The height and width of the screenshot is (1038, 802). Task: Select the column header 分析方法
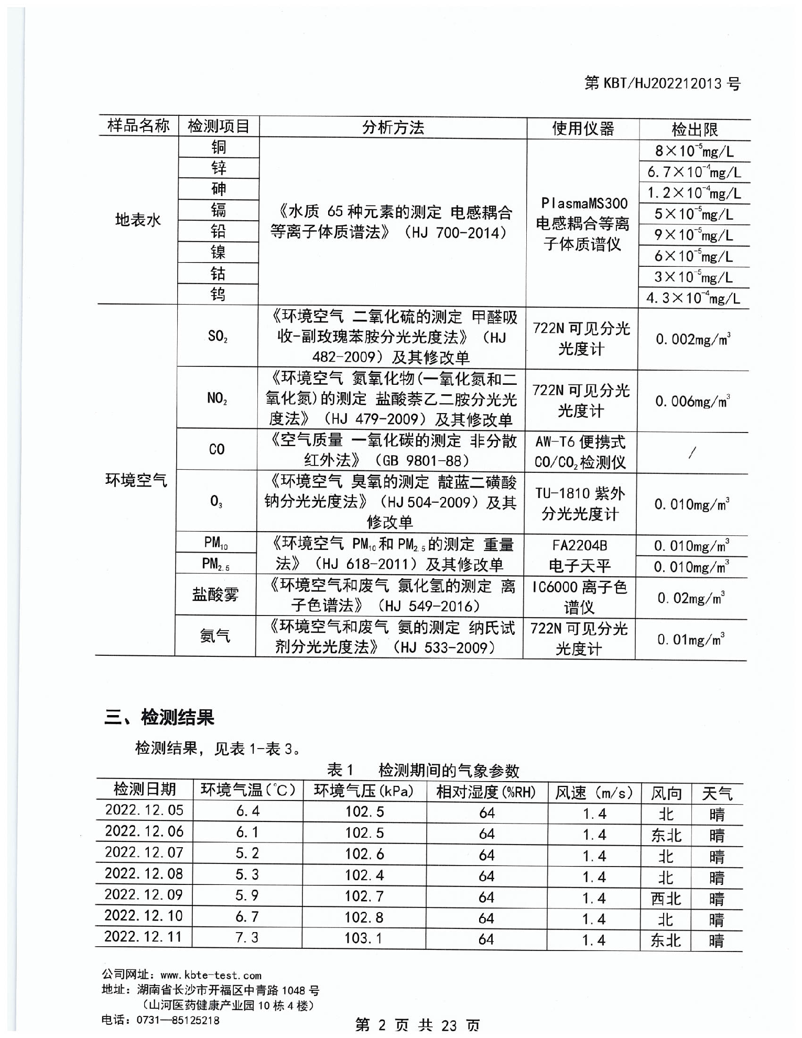(393, 127)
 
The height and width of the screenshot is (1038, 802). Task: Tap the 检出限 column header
(694, 129)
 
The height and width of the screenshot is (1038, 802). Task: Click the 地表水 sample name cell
(138, 220)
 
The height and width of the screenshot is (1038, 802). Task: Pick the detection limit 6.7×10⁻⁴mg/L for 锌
(693, 172)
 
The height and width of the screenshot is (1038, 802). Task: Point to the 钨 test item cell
(218, 294)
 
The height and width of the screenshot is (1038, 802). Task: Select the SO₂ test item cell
(218, 336)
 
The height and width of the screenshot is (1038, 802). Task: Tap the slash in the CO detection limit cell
(692, 452)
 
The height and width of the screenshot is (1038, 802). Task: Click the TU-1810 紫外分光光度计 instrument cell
(580, 503)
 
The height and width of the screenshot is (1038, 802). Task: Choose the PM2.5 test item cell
(215, 564)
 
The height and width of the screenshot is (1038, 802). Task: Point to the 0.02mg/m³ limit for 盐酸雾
(691, 598)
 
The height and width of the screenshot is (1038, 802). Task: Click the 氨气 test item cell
(215, 636)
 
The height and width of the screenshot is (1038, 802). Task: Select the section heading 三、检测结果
(159, 717)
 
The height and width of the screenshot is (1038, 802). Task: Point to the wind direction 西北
(666, 899)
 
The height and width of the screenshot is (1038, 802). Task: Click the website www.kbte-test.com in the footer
(211, 976)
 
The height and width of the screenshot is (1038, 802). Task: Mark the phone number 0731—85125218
(178, 1020)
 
